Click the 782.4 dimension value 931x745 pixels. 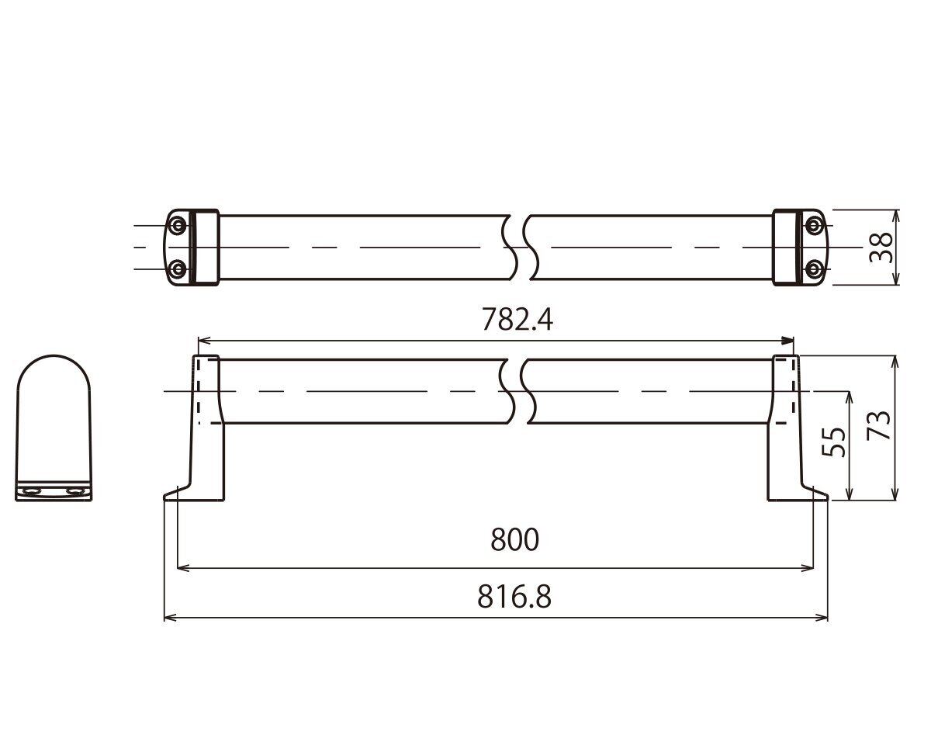click(x=517, y=320)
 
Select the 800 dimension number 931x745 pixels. click(x=515, y=539)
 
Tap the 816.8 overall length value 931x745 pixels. click(x=514, y=597)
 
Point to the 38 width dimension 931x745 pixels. click(x=881, y=248)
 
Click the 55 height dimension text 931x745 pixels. click(x=833, y=442)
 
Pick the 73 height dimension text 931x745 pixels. click(x=879, y=425)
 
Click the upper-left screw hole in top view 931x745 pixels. click(x=177, y=225)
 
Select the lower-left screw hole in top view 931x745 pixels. click(x=177, y=269)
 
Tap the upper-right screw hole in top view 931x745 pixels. click(x=814, y=225)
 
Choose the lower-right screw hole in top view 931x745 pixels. click(x=814, y=269)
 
